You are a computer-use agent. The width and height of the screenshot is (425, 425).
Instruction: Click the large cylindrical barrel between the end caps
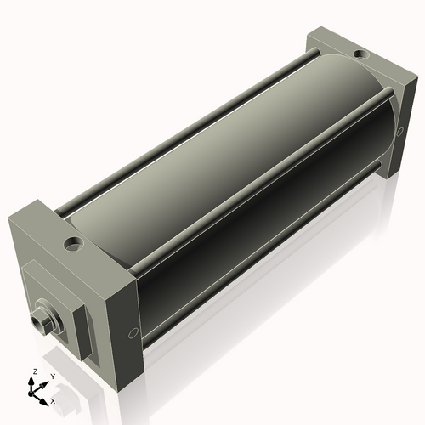[246, 170]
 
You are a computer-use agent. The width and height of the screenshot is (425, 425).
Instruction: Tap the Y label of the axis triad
[54, 376]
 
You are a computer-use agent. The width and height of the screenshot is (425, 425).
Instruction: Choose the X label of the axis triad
[53, 399]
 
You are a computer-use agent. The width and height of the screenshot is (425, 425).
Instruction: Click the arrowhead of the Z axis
[33, 381]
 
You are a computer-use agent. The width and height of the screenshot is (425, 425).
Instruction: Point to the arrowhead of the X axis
[46, 397]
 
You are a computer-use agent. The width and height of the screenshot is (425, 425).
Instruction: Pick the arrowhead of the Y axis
[46, 382]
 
